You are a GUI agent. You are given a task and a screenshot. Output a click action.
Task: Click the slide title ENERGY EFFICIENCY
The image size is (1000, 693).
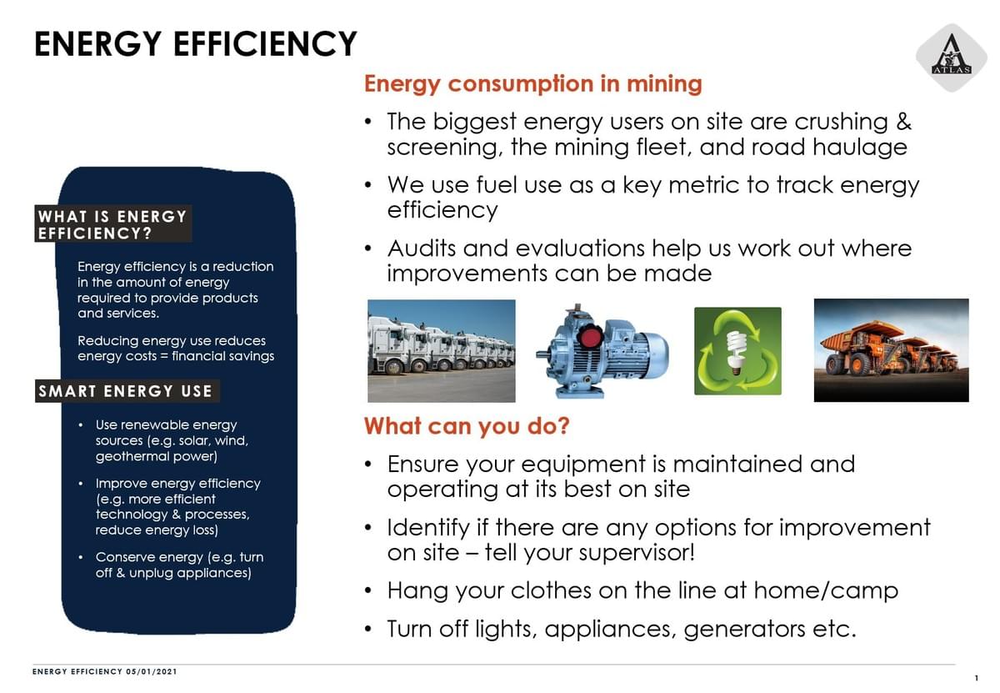196,44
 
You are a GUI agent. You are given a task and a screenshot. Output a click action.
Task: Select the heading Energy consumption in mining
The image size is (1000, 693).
533,84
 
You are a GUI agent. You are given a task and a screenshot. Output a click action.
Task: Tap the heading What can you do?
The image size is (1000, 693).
467,426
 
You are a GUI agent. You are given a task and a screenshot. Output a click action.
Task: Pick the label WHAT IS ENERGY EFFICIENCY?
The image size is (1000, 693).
113,223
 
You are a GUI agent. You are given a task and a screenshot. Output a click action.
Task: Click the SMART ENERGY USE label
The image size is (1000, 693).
127,391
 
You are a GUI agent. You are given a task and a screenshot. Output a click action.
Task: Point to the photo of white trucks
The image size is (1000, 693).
441,351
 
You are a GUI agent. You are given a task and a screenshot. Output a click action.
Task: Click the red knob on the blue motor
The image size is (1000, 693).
590,337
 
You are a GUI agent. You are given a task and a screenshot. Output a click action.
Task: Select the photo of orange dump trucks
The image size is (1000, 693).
891,350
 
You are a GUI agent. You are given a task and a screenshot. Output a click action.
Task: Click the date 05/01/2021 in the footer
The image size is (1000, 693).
152,671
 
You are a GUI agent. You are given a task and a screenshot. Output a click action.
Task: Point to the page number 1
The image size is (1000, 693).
977,678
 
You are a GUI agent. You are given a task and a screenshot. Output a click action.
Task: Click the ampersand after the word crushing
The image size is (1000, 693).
903,122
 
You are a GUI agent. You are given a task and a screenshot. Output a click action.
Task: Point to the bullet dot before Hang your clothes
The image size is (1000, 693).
367,590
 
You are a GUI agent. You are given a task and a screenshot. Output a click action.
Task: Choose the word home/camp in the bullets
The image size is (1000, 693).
826,590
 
